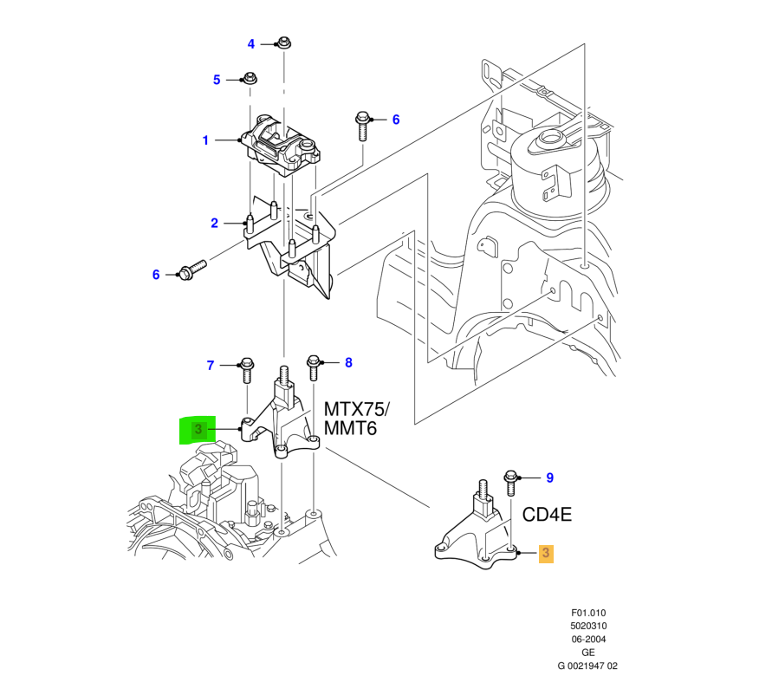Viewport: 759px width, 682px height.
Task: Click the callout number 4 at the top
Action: pos(251,43)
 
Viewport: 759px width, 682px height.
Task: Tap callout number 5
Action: pos(217,81)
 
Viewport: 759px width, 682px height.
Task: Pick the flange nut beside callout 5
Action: pos(250,80)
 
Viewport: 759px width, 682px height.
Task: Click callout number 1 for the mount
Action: pos(205,140)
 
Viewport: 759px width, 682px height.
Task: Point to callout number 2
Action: pos(214,224)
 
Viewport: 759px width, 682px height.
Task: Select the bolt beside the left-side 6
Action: pos(191,271)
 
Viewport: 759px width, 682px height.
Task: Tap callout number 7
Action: pos(210,366)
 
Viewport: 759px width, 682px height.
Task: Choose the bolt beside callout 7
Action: pos(245,372)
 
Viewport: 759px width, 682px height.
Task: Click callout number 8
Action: pos(348,363)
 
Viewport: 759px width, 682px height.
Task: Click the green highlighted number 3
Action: pos(198,429)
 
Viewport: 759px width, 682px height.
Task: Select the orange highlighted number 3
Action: pos(547,552)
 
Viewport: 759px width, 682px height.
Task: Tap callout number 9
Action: pos(548,477)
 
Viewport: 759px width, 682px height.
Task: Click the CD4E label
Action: pos(548,515)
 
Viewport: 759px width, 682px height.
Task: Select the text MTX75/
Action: pos(358,408)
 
